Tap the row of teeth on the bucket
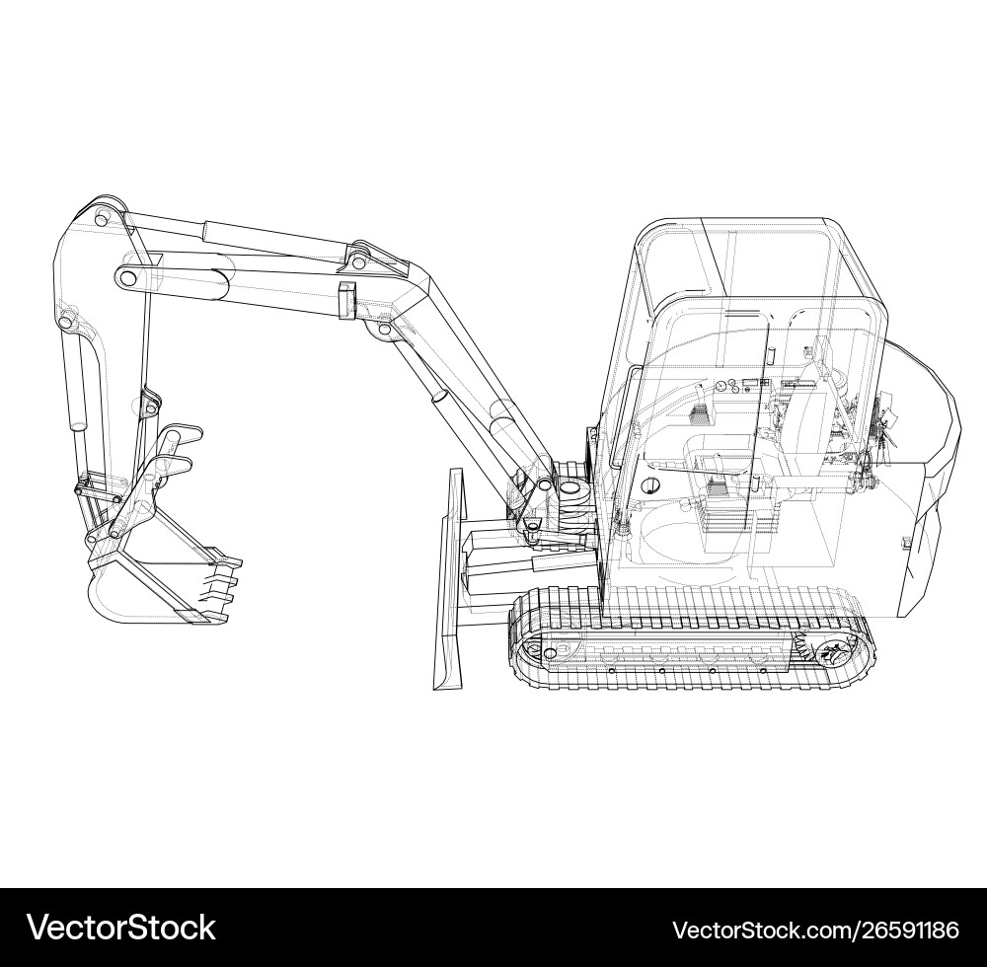coord(223,588)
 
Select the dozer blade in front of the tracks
coord(450,582)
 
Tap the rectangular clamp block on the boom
coord(345,300)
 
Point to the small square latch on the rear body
coord(906,541)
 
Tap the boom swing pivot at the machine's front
coord(570,487)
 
